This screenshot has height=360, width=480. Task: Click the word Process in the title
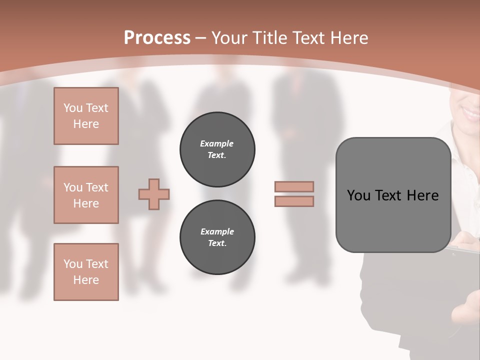click(157, 38)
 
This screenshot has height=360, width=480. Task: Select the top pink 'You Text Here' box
click(86, 116)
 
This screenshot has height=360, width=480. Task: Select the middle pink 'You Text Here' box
click(86, 195)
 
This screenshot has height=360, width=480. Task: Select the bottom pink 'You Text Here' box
click(86, 272)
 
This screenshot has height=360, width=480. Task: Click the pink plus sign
click(154, 194)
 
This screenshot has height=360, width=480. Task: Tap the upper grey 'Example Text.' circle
click(217, 149)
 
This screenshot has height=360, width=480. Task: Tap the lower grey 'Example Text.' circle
click(217, 237)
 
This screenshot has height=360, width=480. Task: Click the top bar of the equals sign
click(294, 186)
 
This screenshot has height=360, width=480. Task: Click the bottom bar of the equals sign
click(294, 201)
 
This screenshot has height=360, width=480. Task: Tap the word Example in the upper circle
click(217, 143)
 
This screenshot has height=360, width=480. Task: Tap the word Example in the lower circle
click(217, 231)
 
